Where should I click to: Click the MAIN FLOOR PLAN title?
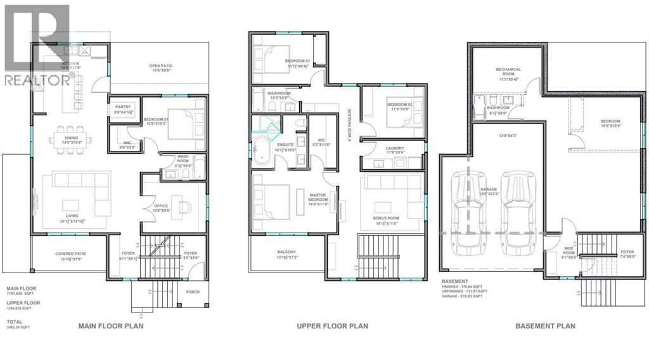click(x=110, y=326)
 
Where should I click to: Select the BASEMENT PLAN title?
click(x=545, y=326)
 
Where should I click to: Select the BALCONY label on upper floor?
click(x=286, y=255)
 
